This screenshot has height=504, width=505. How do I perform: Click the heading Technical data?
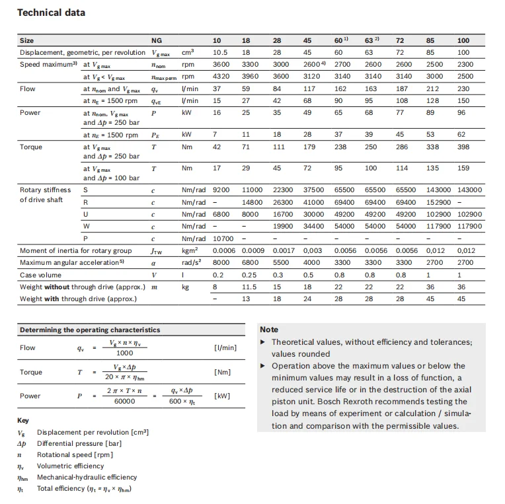coord(51,13)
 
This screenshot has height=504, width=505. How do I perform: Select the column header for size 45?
coord(307,40)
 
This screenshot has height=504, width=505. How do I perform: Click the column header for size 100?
coord(463,40)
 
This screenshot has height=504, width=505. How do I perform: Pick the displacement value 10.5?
coord(220,52)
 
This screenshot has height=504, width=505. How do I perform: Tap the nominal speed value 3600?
coord(221,65)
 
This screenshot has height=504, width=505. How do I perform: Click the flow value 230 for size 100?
coord(463,89)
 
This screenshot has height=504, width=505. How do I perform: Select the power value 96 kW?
coord(462,112)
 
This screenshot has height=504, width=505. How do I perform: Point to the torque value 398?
coord(463,147)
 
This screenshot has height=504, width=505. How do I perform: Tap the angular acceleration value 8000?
coord(221,262)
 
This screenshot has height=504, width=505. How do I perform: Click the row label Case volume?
coord(42,275)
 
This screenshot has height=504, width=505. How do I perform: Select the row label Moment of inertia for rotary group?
coord(76,250)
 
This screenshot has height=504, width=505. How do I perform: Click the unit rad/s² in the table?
coord(192,262)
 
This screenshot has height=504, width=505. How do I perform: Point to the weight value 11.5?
coord(249,287)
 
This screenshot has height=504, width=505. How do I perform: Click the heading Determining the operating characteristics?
coord(89,330)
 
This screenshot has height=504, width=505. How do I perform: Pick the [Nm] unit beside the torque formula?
coord(222,372)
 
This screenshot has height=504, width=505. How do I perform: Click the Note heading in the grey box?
coord(269,329)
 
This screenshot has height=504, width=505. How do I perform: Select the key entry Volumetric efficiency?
coord(70,466)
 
